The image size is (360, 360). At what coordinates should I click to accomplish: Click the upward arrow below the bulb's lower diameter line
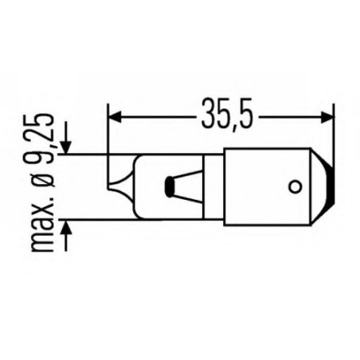[x=65, y=230]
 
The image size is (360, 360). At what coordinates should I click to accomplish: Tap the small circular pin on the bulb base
[x=294, y=188]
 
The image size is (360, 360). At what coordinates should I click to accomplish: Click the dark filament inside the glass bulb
[x=169, y=188]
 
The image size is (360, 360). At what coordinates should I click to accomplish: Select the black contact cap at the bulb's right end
[x=326, y=187]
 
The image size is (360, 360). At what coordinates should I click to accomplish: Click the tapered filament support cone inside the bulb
[x=188, y=187]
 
